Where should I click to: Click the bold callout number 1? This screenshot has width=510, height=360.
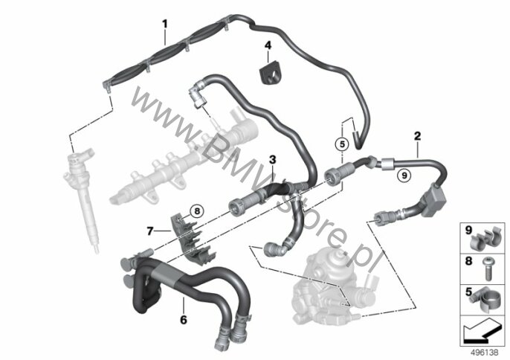(x=165, y=24)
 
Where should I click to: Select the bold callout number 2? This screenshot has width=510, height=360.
(x=417, y=136)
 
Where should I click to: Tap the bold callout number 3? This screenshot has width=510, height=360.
(x=272, y=160)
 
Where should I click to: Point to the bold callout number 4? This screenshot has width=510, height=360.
(x=268, y=45)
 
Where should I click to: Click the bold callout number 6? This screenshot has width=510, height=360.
(x=184, y=320)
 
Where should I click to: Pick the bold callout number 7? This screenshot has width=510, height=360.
(x=149, y=231)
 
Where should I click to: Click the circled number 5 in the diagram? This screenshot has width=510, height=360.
(x=342, y=144)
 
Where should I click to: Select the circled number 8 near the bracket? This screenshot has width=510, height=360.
(x=197, y=211)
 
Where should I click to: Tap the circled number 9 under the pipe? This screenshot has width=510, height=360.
(x=404, y=176)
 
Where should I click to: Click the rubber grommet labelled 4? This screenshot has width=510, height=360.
(x=271, y=75)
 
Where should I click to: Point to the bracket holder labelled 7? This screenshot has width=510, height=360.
(x=192, y=238)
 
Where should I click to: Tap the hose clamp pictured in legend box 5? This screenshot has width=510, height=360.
(x=485, y=302)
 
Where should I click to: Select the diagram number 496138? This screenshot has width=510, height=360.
(x=485, y=353)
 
